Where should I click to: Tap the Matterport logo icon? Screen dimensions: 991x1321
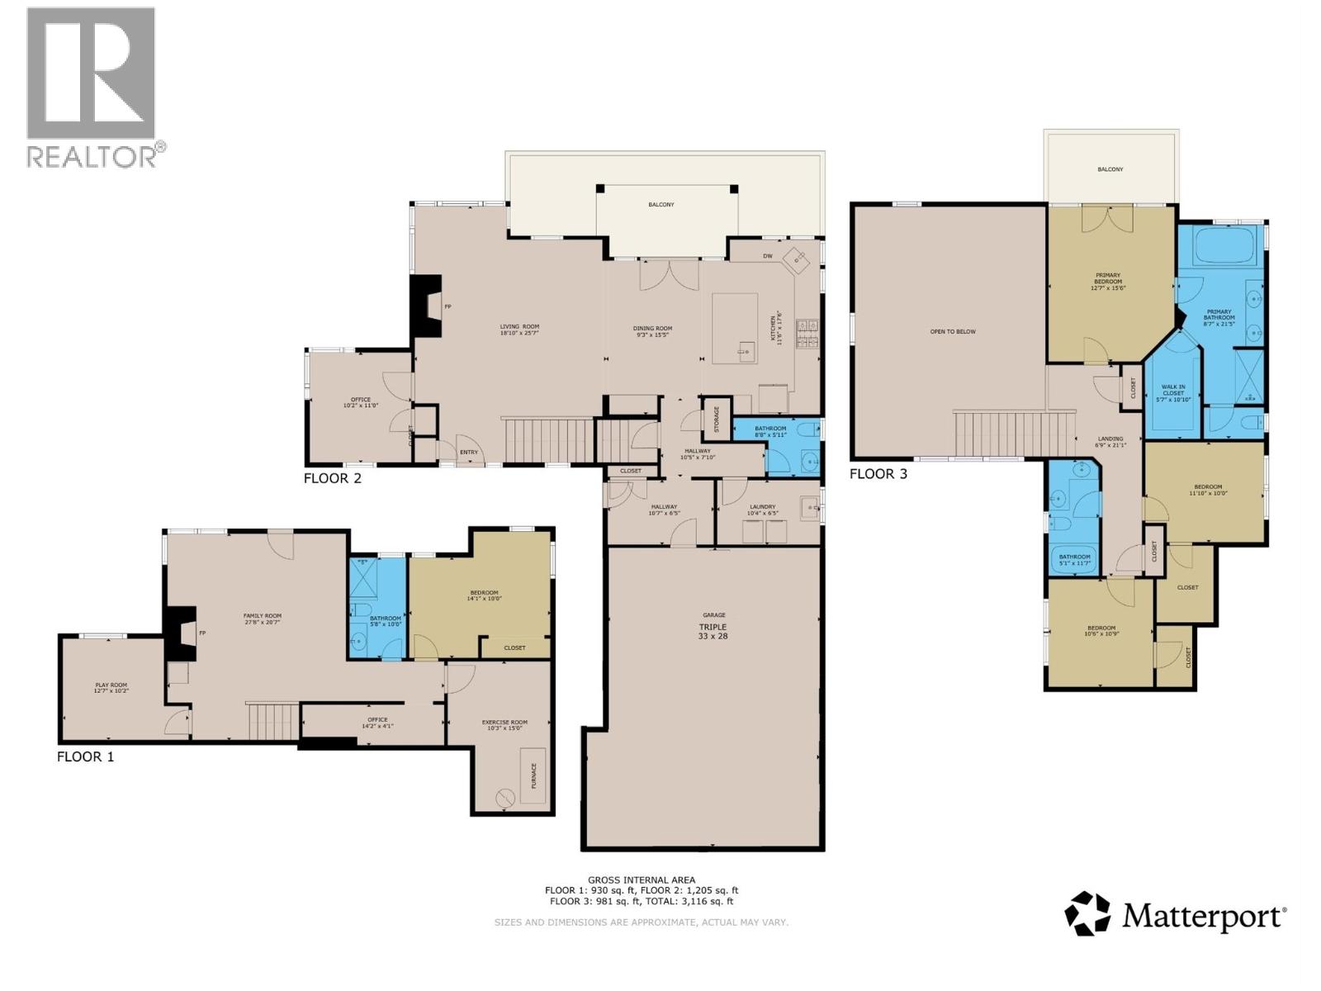(x=1087, y=914)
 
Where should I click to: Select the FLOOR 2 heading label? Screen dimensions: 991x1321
(x=333, y=477)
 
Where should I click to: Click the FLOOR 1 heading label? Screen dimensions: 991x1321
(x=85, y=756)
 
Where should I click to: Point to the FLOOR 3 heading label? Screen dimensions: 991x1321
(x=878, y=474)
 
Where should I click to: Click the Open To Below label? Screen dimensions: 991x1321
(x=953, y=331)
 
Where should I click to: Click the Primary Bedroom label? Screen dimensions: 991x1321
(x=1108, y=281)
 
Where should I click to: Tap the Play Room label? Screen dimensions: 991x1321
(x=111, y=688)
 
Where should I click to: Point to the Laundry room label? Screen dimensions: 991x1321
(x=762, y=510)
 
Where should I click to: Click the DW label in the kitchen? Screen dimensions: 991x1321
(x=767, y=256)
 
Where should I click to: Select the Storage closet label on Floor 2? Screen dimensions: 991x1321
(x=716, y=419)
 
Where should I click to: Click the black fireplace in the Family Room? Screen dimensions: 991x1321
(x=179, y=633)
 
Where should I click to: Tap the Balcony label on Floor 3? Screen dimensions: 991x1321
(x=1110, y=169)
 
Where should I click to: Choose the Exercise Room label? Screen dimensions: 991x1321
(x=504, y=725)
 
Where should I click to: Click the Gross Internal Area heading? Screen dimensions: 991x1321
(x=641, y=880)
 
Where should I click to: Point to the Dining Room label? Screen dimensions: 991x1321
(x=652, y=330)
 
